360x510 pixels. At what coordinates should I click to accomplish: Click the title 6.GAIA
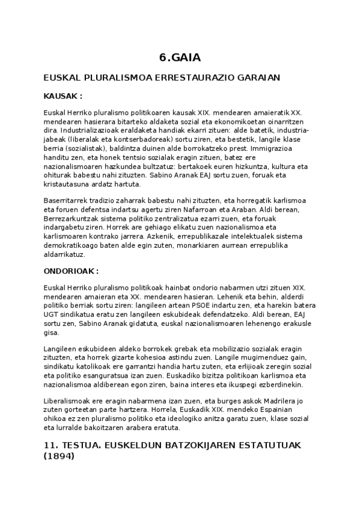[180, 58]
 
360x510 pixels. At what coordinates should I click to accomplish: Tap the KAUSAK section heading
[63, 96]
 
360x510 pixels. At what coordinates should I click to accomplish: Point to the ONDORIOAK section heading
[71, 271]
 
